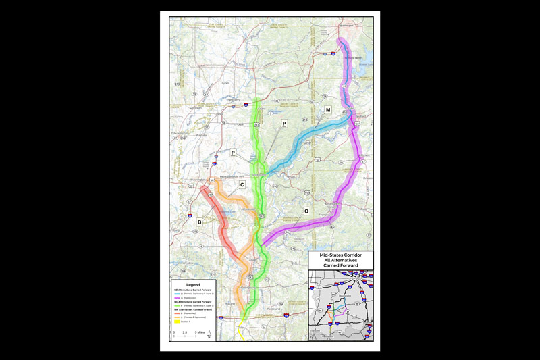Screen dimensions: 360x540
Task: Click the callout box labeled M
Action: pos(328,109)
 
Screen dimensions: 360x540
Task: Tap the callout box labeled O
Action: pos(306,211)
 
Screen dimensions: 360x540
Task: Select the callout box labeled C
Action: pos(242,184)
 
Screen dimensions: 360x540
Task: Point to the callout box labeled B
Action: pos(199,222)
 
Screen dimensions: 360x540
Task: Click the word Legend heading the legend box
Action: pos(194,284)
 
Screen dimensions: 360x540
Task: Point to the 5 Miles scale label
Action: pos(200,333)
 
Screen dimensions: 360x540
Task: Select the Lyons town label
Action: pos(225,84)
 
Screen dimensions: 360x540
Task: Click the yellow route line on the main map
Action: pos(243,332)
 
